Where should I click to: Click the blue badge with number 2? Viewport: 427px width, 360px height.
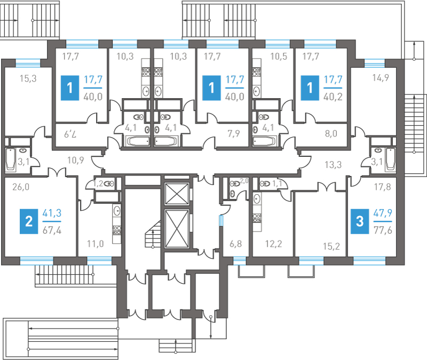28,220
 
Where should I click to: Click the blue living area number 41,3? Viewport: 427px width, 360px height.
52,213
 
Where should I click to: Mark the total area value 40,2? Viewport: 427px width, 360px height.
334,97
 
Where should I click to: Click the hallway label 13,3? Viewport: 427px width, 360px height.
334,164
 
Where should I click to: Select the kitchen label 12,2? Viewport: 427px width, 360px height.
274,245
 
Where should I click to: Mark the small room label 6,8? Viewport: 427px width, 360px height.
235,245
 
